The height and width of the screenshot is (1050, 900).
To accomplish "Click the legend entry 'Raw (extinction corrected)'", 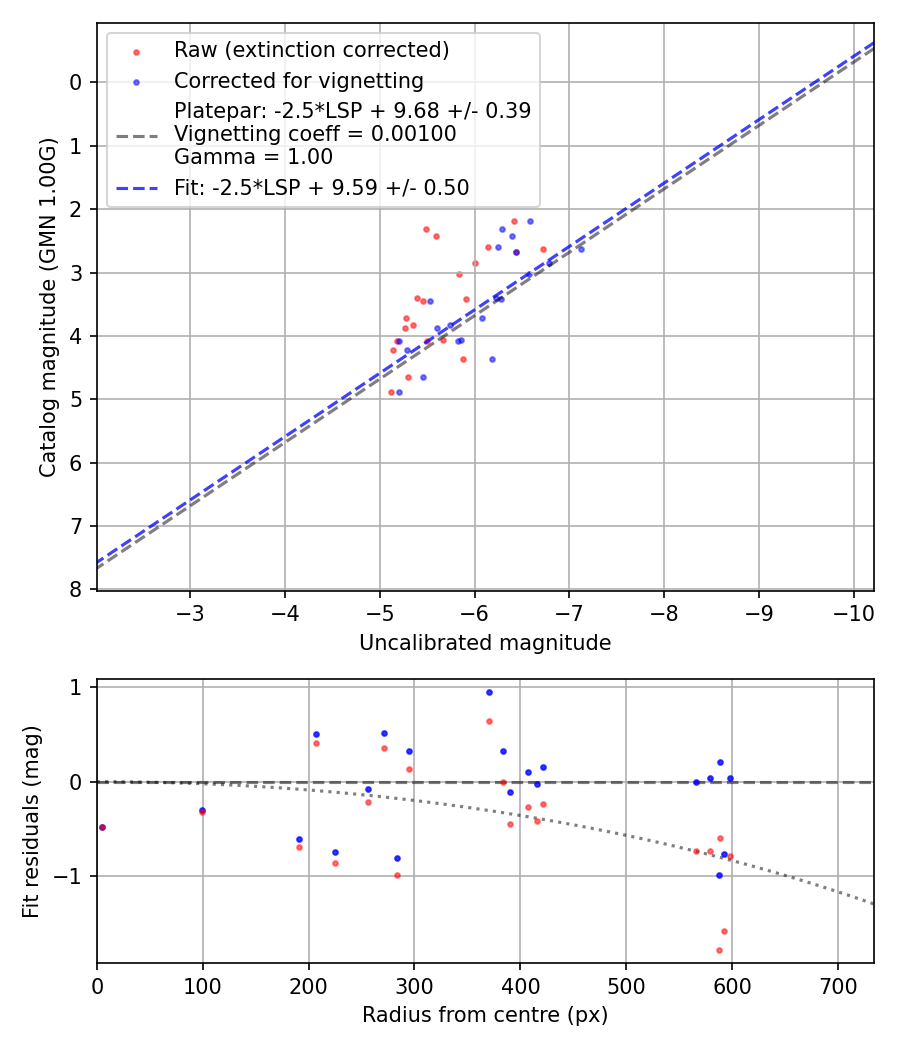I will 311,50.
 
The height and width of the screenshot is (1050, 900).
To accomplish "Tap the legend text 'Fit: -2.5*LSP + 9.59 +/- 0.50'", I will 321,187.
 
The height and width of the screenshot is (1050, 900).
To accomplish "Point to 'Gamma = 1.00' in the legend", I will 253,157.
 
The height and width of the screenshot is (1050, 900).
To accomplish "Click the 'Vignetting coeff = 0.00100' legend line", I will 315,134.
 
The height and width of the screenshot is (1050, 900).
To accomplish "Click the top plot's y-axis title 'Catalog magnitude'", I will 47,306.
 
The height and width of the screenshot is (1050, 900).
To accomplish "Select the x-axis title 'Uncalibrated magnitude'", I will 485,643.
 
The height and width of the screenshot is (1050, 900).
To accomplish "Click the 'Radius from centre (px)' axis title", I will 485,1015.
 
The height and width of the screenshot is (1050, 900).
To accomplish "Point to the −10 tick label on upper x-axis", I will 853,613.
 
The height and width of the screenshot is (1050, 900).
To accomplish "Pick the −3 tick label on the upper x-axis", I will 190,613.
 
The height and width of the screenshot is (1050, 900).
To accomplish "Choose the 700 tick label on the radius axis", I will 837,987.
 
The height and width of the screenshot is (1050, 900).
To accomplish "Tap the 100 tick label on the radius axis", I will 203,987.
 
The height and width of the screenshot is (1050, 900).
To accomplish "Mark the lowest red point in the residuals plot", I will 719,950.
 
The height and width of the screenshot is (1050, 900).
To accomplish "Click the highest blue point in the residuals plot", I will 489,692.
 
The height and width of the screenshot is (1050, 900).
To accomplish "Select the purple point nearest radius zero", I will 102,827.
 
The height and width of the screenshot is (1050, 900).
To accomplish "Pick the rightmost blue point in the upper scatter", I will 581,248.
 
